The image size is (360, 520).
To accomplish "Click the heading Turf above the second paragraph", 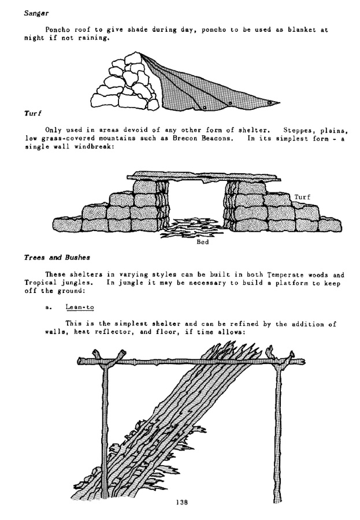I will pos(31,114).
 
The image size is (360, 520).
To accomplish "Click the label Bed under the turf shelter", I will pos(203,243).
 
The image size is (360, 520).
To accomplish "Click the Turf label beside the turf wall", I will pos(302,197).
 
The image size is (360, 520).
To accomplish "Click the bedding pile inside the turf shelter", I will pos(194,226).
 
